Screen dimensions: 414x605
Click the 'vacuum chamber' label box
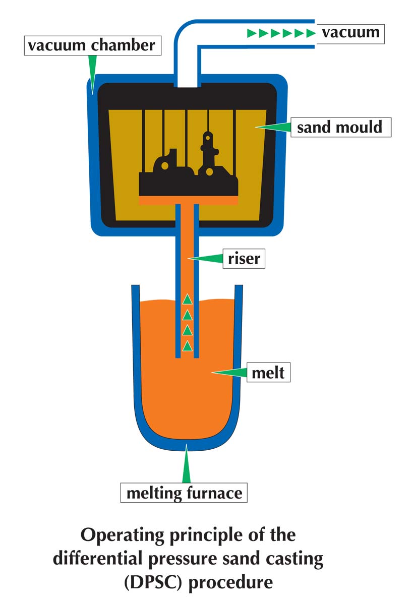click(x=93, y=45)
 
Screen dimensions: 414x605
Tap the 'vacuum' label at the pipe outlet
click(x=350, y=34)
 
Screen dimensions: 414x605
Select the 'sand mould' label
click(x=341, y=127)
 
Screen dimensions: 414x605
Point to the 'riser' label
click(x=244, y=259)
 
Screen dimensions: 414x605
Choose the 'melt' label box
click(x=268, y=372)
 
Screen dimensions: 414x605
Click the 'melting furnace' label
click(x=184, y=493)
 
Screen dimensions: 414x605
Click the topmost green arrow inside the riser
click(x=188, y=299)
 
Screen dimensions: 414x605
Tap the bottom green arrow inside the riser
click(x=188, y=346)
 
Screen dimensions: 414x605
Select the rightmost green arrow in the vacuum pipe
click(x=311, y=33)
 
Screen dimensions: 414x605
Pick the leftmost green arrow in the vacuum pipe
click(x=251, y=33)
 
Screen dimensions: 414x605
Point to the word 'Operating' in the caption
click(x=123, y=535)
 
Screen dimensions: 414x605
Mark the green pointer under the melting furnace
click(x=187, y=463)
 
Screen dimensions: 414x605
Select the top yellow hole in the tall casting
click(x=208, y=138)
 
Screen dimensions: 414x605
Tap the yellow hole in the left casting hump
click(x=164, y=165)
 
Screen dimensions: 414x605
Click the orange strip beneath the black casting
click(x=188, y=200)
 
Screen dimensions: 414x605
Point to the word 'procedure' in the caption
click(x=230, y=583)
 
